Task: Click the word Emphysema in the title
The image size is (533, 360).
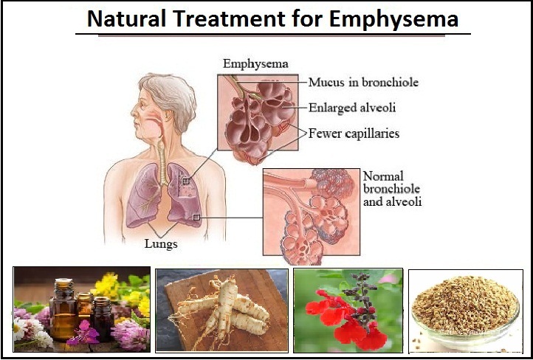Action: point(394,19)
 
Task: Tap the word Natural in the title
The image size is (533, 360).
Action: point(126,18)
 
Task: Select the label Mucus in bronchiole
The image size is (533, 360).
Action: point(363,83)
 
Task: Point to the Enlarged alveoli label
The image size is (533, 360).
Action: point(352,108)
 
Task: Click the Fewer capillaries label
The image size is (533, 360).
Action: point(354,134)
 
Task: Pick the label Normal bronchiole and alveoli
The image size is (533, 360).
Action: point(392,189)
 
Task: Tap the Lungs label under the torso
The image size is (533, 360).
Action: point(161,244)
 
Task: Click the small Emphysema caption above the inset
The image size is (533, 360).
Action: point(255,64)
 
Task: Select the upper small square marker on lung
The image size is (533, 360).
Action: point(185,181)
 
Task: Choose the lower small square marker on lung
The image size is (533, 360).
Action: point(196,218)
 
